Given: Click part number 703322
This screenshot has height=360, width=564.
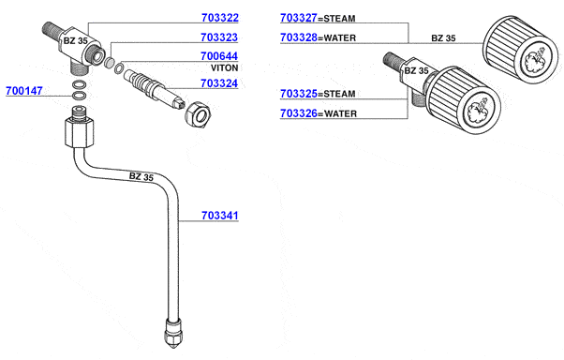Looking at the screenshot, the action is coord(220,18).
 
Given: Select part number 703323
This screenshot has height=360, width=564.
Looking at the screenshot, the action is coord(219,37).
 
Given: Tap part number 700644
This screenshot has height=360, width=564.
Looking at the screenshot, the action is coord(219,56).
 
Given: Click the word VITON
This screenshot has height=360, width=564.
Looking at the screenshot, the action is coord(225,67).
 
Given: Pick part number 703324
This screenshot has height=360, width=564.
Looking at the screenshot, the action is coord(219,83).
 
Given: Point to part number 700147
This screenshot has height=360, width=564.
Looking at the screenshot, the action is coord(24,91).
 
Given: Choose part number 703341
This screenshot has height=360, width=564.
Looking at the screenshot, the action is coord(220,216).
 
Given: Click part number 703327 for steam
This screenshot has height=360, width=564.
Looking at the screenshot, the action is coord(299,18).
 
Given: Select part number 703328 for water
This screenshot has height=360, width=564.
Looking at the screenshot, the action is coord(299,37).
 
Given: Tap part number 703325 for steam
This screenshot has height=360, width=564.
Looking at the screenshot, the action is coord(299,94).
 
